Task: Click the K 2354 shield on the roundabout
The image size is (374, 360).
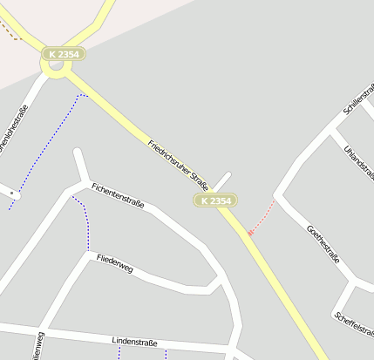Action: click(x=63, y=54)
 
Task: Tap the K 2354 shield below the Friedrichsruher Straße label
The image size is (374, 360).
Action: click(x=215, y=200)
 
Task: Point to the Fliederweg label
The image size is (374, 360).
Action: click(x=115, y=263)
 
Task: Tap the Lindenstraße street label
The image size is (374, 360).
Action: click(x=134, y=343)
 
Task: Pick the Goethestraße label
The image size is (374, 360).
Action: click(x=323, y=243)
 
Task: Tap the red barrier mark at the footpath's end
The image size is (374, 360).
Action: click(x=251, y=233)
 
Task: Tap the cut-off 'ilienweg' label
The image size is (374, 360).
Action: click(x=38, y=346)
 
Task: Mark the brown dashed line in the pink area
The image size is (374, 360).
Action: click(x=10, y=32)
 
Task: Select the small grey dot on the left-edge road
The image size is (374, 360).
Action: click(x=11, y=192)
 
